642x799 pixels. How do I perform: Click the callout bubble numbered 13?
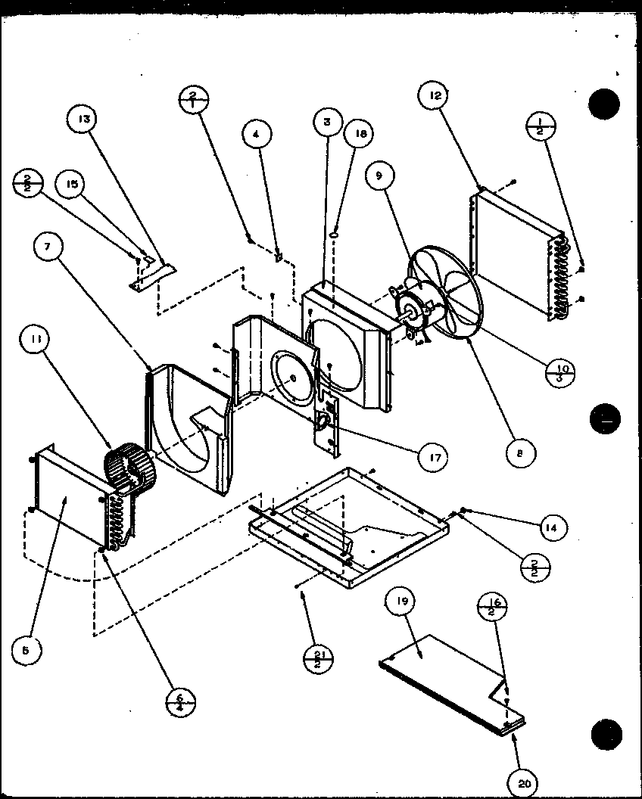point(83,120)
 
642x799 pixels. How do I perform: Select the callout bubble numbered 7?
point(49,250)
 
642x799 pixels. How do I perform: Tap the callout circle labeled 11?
point(39,342)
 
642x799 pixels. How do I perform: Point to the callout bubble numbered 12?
point(434,96)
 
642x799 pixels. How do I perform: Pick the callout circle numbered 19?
point(400,603)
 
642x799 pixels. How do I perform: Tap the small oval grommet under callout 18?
point(332,237)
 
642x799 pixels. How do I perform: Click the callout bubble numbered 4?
point(257,135)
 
